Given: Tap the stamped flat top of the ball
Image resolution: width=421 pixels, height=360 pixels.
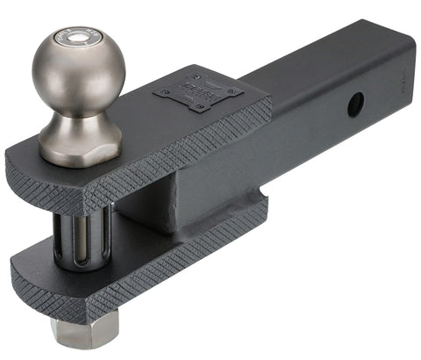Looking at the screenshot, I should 73,39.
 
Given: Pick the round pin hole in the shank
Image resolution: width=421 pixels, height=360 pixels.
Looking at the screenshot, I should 355,105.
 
